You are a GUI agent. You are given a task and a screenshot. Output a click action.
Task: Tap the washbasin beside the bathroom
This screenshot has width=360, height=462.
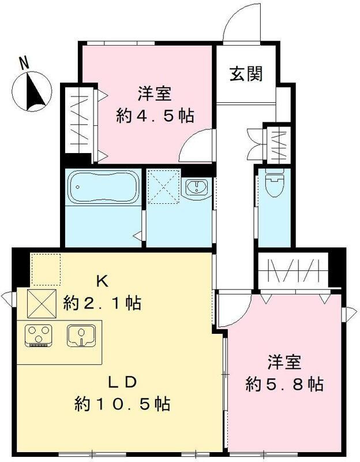point(197,187)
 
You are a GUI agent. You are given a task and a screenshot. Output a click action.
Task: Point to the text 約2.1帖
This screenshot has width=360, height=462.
point(103,302)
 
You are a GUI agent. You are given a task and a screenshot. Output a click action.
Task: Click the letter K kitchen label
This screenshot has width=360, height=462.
point(102,282)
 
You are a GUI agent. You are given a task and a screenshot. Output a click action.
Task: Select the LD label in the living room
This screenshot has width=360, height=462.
point(123,382)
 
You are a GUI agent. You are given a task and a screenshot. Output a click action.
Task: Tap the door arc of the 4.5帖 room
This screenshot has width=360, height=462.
point(194,147)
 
